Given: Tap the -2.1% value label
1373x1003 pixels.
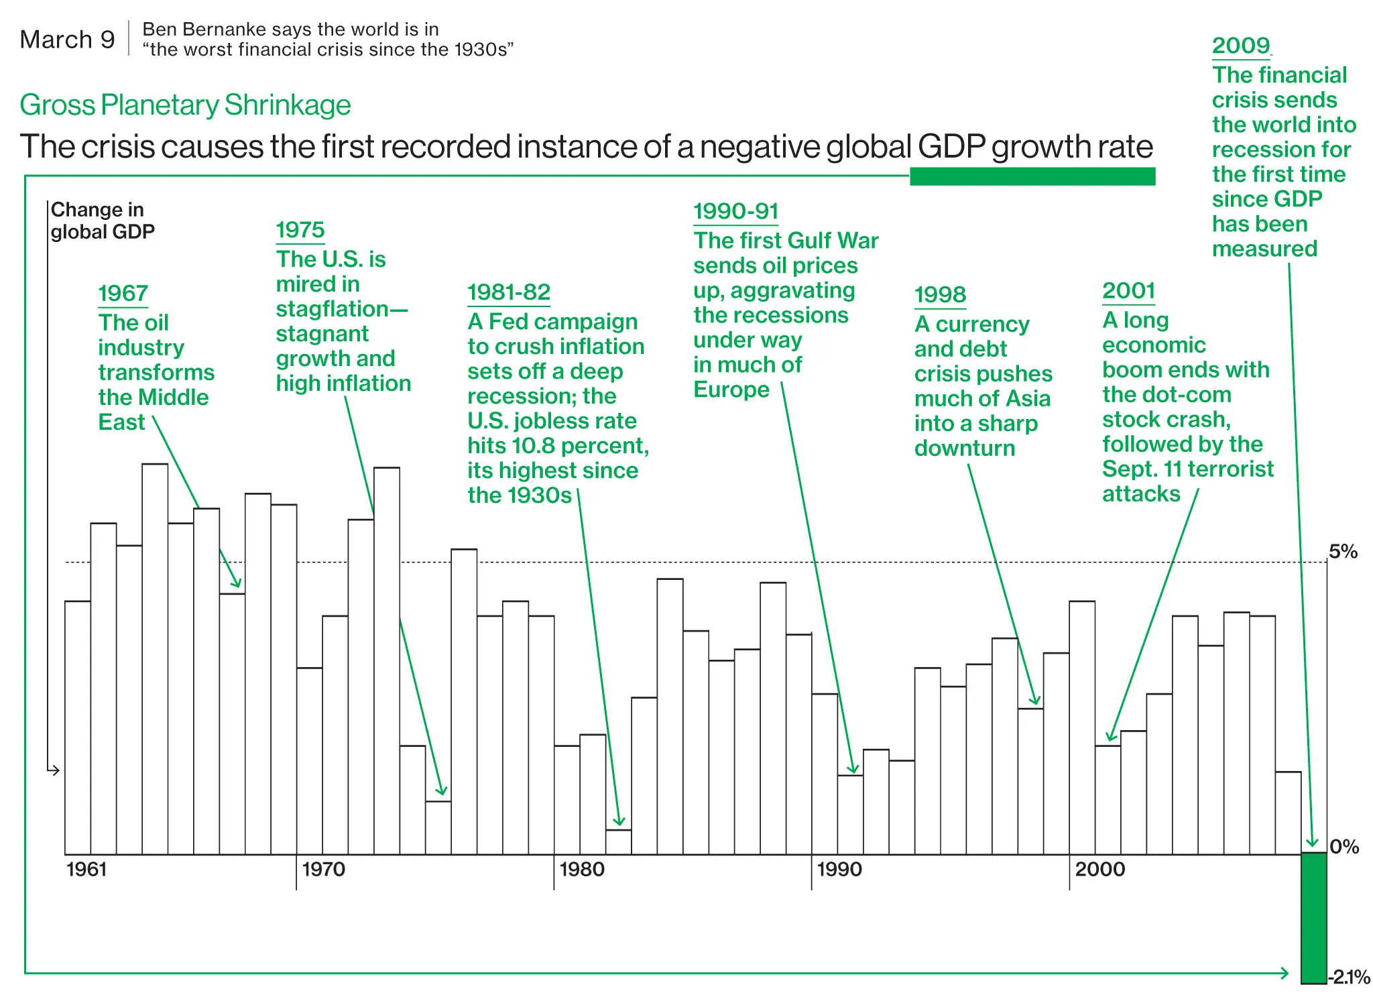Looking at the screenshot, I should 1350,977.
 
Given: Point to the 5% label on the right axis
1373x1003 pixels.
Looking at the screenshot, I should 1343,552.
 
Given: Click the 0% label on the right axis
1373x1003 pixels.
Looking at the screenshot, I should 1344,847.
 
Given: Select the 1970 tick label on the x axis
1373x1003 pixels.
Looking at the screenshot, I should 323,870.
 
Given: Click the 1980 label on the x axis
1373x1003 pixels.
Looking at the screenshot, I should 581,870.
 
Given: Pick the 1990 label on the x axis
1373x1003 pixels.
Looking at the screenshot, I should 839,870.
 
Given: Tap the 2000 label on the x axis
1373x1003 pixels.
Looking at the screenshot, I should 1099,870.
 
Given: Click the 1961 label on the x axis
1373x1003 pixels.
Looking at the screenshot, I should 86,870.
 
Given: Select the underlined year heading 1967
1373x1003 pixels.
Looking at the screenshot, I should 123,294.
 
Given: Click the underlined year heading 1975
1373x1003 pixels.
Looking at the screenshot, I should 300,230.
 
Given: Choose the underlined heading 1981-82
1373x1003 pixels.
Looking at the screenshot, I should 509,292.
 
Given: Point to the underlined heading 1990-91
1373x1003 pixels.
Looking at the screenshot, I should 735,211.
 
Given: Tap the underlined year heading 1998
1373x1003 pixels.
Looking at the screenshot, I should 940,294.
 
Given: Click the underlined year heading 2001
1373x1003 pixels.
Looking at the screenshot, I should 1128,291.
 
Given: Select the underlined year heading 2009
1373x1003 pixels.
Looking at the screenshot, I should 1241,46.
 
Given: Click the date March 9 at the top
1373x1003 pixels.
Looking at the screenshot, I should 67,40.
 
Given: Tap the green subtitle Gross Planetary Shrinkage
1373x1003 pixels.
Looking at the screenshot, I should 185,105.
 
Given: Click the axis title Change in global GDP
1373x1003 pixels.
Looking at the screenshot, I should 102,221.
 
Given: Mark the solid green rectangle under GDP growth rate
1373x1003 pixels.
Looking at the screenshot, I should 1032,176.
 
